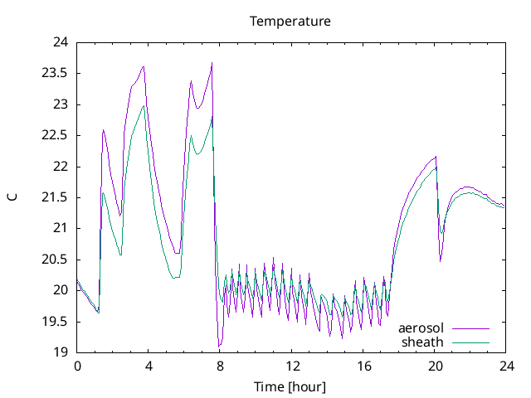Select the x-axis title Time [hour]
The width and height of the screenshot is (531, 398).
pyautogui.click(x=290, y=387)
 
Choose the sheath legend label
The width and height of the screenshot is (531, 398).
pyautogui.click(x=422, y=342)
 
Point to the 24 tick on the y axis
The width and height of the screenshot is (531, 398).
pyautogui.click(x=60, y=42)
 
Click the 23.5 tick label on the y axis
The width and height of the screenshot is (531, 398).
pyautogui.click(x=55, y=73)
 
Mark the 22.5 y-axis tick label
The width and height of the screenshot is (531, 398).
pyautogui.click(x=55, y=135)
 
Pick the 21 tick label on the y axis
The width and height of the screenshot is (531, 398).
pyautogui.click(x=60, y=228)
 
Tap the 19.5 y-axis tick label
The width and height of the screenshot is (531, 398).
pyautogui.click(x=55, y=322)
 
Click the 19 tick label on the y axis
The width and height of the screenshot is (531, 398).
pyautogui.click(x=60, y=352)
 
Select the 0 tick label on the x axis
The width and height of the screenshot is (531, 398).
pyautogui.click(x=77, y=366)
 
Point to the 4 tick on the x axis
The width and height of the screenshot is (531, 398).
pyautogui.click(x=149, y=366)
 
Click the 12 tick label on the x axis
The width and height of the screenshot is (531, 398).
pyautogui.click(x=291, y=366)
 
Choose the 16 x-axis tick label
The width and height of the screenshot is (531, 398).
pyautogui.click(x=363, y=366)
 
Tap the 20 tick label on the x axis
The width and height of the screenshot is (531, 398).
pyautogui.click(x=434, y=366)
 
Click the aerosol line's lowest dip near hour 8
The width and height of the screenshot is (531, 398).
pyautogui.click(x=219, y=346)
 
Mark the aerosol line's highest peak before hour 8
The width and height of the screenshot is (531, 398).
pyautogui.click(x=212, y=63)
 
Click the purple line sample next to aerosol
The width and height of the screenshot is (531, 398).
pyautogui.click(x=470, y=328)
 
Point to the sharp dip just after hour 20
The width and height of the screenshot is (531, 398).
pyautogui.click(x=441, y=260)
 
